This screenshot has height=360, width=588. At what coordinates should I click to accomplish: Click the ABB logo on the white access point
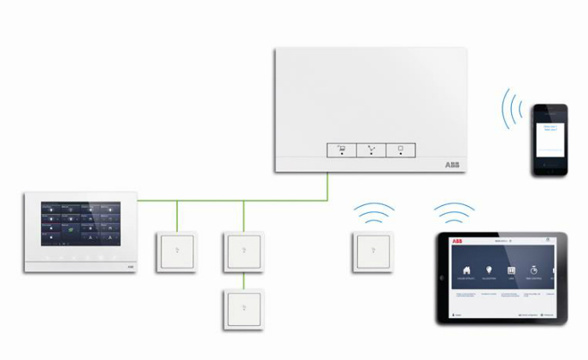click(x=450, y=164)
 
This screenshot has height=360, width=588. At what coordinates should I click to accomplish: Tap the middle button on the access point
click(x=372, y=150)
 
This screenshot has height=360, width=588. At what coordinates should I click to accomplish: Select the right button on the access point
click(x=400, y=150)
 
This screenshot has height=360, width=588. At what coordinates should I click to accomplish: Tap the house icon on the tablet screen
click(x=467, y=271)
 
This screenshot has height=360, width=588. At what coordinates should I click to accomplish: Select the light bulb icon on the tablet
click(x=490, y=271)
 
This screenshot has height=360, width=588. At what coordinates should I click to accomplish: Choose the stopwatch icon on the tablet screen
click(x=533, y=271)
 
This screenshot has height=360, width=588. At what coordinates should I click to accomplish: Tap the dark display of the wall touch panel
click(x=81, y=225)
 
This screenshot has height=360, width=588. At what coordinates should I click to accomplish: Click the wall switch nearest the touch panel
click(x=176, y=251)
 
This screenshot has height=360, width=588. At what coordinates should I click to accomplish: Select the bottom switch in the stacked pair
click(x=244, y=309)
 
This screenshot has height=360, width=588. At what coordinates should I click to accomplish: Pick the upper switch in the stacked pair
click(x=244, y=251)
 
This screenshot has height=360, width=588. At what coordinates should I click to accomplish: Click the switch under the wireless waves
click(x=372, y=251)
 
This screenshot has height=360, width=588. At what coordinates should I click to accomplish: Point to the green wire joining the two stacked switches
click(x=244, y=280)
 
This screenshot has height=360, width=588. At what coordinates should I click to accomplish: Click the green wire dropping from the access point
click(x=327, y=186)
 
